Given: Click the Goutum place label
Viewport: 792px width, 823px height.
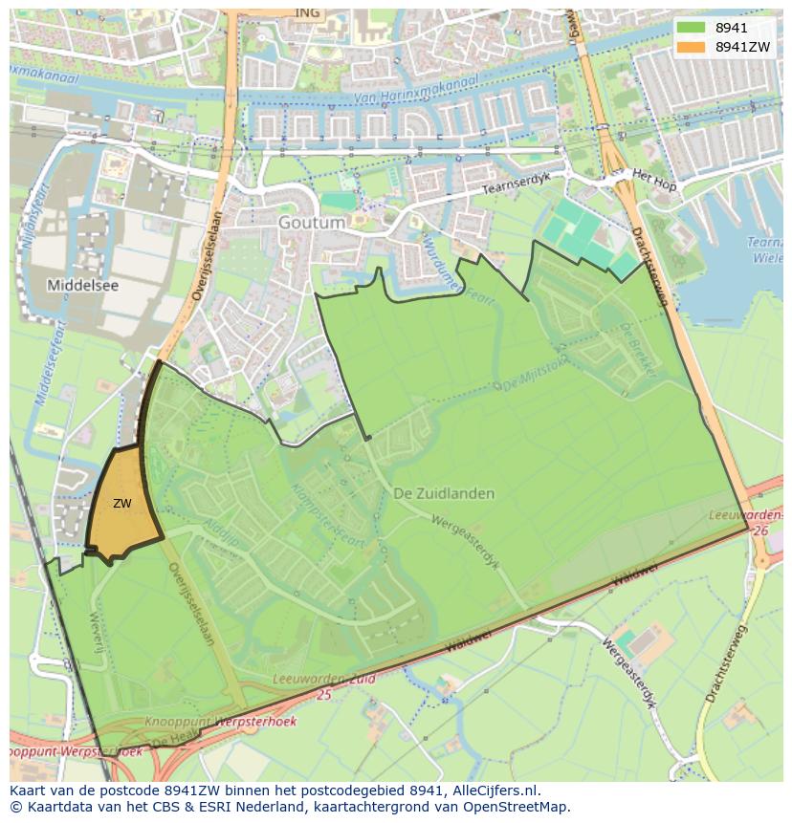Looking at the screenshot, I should coord(312,222).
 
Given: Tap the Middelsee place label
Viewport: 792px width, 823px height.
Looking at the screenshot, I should coord(81,285).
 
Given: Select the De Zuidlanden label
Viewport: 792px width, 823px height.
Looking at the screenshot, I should coord(444,493).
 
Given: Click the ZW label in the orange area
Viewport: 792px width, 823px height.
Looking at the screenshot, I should coord(121,504).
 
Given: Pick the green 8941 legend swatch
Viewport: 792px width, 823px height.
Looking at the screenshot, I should coord(691,28).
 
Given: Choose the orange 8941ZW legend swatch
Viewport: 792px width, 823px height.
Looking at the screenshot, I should coord(691,47).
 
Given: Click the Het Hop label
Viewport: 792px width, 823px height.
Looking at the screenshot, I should coord(654,180).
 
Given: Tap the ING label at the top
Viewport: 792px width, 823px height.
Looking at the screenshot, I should coord(307,12).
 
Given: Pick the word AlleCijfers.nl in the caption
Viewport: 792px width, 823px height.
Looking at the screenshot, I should coord(497,791).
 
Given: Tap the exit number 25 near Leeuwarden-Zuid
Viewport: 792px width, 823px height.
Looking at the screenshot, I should coord(324,695).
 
